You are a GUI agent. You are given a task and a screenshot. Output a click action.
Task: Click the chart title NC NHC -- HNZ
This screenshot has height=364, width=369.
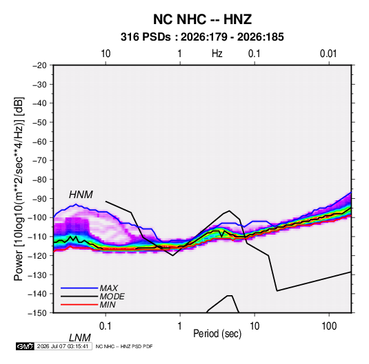202,19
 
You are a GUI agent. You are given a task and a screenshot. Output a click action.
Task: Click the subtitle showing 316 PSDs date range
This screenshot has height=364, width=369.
202,37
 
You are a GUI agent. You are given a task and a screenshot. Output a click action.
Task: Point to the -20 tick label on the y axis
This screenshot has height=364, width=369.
39,65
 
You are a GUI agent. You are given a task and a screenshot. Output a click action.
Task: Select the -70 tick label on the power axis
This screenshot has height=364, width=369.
39,160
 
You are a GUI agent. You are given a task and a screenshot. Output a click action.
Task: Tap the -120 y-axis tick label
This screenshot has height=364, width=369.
37,255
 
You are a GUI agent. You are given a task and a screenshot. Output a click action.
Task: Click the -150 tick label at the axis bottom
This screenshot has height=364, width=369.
37,313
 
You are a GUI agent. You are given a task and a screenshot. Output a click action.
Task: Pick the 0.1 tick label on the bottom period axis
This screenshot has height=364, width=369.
106,326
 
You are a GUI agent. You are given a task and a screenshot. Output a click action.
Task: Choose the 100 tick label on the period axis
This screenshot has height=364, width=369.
329,326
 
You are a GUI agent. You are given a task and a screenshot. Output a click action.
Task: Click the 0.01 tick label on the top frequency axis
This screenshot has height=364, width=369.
328,54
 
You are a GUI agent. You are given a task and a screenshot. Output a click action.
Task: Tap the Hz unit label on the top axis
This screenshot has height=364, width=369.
217,54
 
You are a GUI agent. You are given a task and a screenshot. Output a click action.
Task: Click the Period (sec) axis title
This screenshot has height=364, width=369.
217,334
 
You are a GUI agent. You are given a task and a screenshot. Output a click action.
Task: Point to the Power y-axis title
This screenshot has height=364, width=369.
19,189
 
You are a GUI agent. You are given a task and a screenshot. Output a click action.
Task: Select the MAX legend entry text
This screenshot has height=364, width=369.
109,288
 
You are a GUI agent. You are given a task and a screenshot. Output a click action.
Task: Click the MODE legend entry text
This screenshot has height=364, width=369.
112,297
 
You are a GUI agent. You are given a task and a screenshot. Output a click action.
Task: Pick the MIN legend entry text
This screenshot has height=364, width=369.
108,305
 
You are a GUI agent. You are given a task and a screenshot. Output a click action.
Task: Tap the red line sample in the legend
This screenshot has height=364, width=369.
79,305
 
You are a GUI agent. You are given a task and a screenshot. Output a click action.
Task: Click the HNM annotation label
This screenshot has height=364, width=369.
81,195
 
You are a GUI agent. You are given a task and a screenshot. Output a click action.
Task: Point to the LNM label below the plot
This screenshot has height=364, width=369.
80,338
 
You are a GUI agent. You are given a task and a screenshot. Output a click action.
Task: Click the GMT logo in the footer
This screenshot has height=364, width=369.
26,346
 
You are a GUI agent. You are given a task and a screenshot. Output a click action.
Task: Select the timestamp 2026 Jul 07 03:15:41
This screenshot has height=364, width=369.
63,346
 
